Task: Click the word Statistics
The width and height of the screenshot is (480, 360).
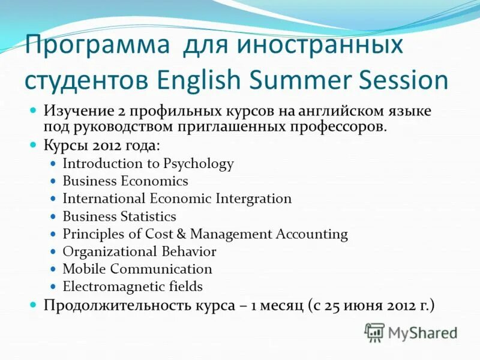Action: pyautogui.click(x=147, y=217)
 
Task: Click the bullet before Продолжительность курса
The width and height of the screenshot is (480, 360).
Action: pyautogui.click(x=34, y=305)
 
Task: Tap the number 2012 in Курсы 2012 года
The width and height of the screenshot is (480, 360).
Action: pyautogui.click(x=105, y=146)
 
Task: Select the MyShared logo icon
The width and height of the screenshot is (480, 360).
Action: pyautogui.click(x=374, y=332)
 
